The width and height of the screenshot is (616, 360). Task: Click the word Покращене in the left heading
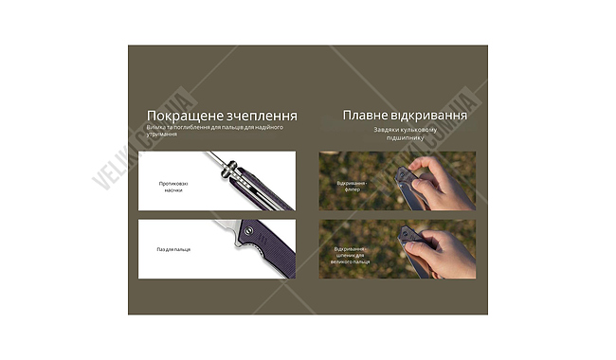[x=175, y=116]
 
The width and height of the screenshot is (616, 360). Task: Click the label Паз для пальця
[x=173, y=249]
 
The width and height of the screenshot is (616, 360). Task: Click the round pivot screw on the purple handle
[x=248, y=228]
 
